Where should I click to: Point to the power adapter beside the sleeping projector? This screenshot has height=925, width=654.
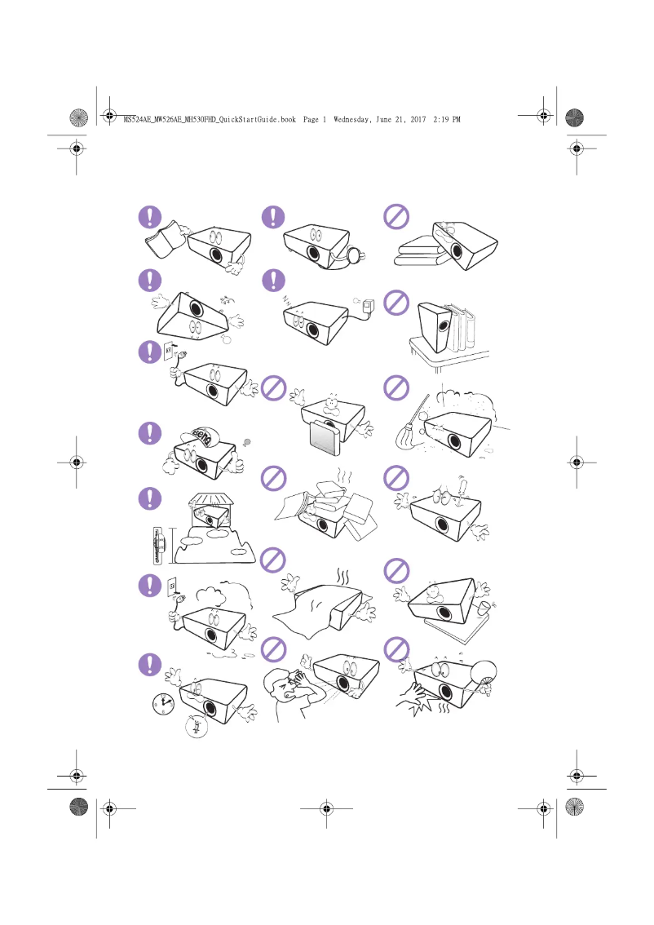pos(369,307)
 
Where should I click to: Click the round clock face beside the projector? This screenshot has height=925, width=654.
pos(164,703)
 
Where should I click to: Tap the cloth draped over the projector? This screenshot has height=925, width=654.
pos(320,604)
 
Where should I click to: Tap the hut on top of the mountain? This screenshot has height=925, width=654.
pos(211,506)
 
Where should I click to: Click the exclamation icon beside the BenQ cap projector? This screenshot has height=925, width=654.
pos(149,432)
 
